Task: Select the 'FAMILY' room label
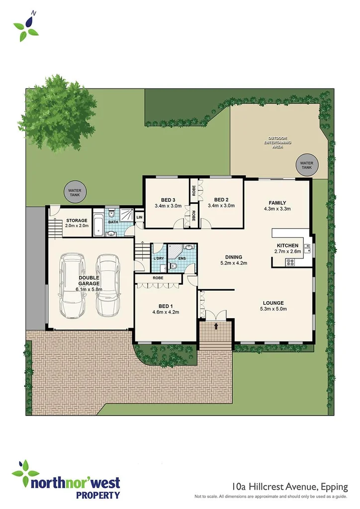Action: (x=277, y=202)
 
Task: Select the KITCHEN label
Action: (x=287, y=246)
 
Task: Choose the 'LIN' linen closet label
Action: (x=139, y=217)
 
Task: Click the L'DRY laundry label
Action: (x=159, y=258)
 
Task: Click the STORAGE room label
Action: (x=76, y=220)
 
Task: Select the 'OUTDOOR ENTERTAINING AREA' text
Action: (x=278, y=142)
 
